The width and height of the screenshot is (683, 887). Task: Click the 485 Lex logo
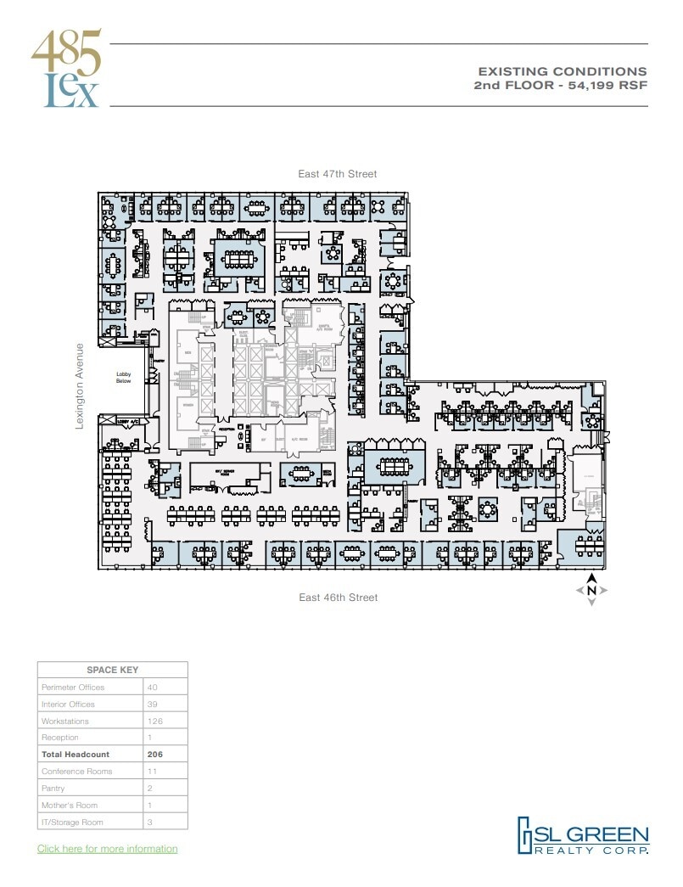point(67,69)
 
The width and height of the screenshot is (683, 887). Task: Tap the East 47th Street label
point(337,174)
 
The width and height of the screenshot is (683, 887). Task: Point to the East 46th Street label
point(338,598)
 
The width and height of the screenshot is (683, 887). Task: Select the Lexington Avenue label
point(81,386)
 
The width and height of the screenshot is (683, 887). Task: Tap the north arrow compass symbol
point(591,589)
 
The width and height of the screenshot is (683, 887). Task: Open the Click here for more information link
point(107,849)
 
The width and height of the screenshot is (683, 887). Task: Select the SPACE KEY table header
point(112,671)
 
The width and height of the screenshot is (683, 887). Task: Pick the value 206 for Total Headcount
point(154,754)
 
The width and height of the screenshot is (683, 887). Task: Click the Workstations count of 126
point(154,721)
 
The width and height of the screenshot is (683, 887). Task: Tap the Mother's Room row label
point(69,805)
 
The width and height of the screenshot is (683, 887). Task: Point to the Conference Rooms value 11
point(152,771)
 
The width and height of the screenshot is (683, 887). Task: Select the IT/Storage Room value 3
point(150,822)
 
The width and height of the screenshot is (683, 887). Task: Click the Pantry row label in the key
point(53,788)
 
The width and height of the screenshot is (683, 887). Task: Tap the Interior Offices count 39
point(153,704)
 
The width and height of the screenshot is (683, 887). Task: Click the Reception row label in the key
point(59,738)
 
